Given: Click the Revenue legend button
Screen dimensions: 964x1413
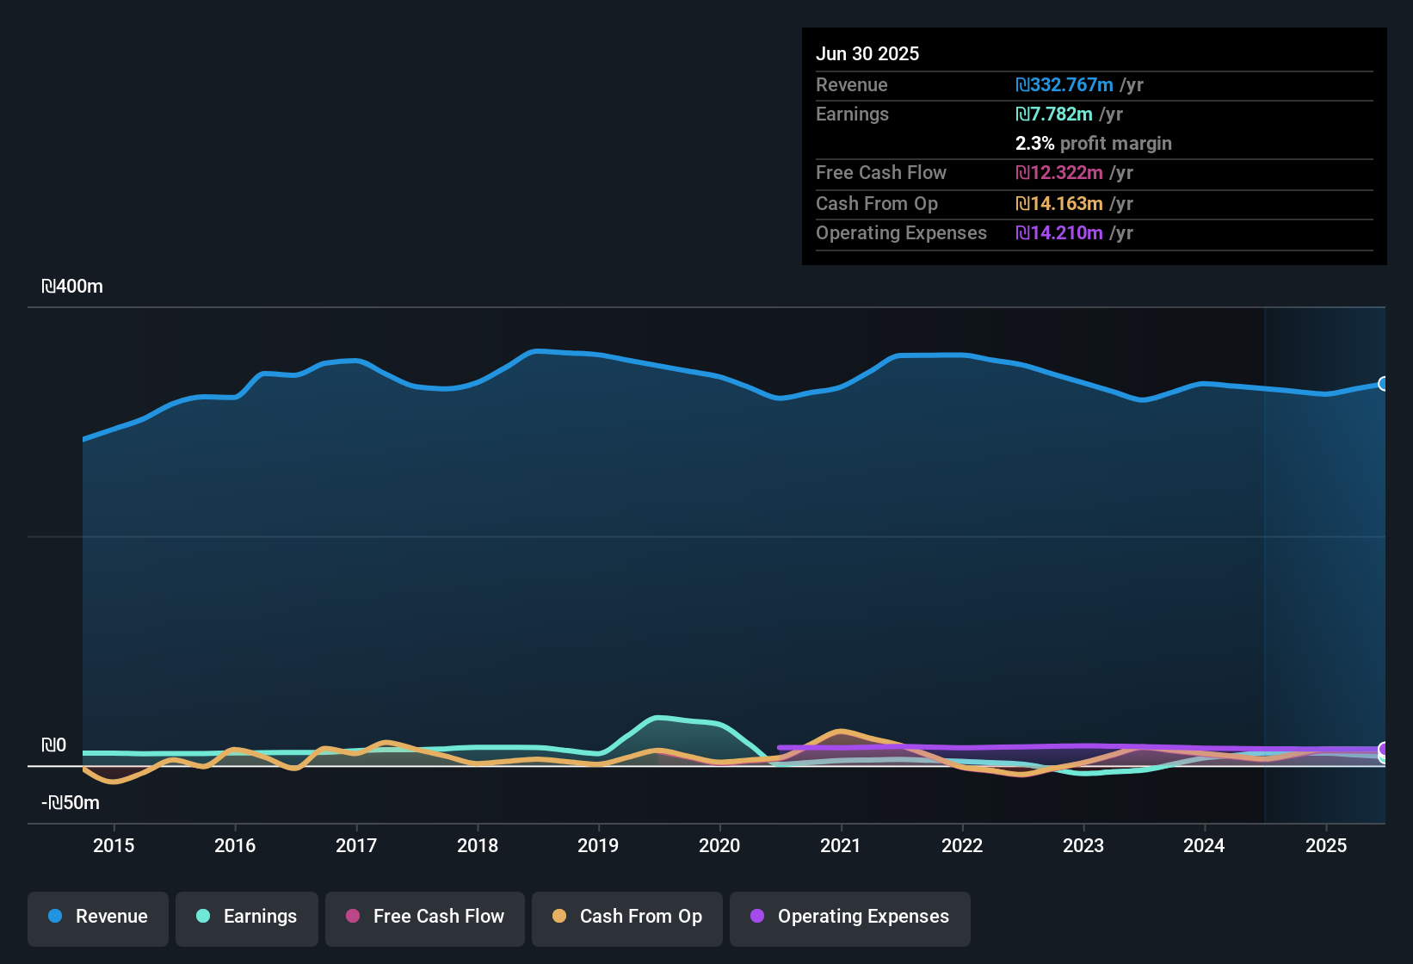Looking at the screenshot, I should coord(98,917).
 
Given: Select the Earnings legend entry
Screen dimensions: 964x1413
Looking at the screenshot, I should coord(246,917).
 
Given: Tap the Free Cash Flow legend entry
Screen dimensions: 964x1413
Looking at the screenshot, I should coord(425,917).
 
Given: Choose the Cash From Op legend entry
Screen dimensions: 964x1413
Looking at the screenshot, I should coord(627,917).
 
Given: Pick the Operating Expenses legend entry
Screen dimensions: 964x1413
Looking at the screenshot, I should coord(849,917).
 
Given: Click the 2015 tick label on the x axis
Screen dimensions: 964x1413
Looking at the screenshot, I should coord(114,845).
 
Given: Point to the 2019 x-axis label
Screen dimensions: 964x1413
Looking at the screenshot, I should coord(598,845).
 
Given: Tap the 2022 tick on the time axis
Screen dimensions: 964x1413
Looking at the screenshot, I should coord(962,845).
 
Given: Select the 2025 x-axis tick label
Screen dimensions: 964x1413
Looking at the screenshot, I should coord(1326,845).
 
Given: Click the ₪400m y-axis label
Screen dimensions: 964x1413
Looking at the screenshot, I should coord(72,287).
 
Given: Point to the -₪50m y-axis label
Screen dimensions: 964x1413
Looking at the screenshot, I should coord(71,803).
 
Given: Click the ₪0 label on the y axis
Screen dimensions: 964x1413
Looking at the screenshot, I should coord(53,745).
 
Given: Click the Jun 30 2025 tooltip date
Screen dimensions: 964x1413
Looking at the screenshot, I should coord(867,53).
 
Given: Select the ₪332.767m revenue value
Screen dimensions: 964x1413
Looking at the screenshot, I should coord(1064,85).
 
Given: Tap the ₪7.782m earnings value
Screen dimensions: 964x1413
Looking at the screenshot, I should coord(1054,114).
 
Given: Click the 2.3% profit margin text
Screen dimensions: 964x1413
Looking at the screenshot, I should coord(1093,144).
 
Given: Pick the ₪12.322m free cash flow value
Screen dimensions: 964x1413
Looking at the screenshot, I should coord(1059,173).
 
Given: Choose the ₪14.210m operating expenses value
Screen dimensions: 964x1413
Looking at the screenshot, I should coord(1059,233).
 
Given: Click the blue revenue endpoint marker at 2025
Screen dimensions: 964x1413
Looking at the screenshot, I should coord(1383,384).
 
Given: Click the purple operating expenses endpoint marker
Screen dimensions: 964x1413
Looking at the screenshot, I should coord(1383,749).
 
